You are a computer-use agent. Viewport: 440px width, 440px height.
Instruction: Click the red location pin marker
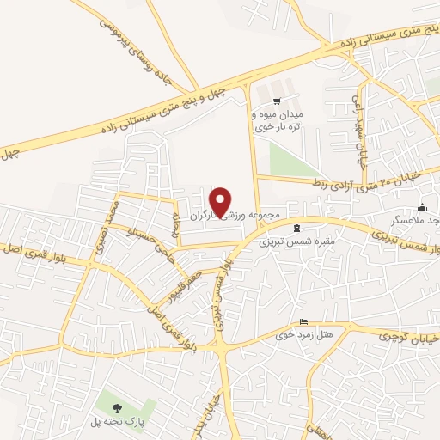click(221, 202)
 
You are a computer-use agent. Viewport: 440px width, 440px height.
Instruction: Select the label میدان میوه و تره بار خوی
click(284, 120)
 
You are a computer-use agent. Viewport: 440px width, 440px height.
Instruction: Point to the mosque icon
click(422, 207)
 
